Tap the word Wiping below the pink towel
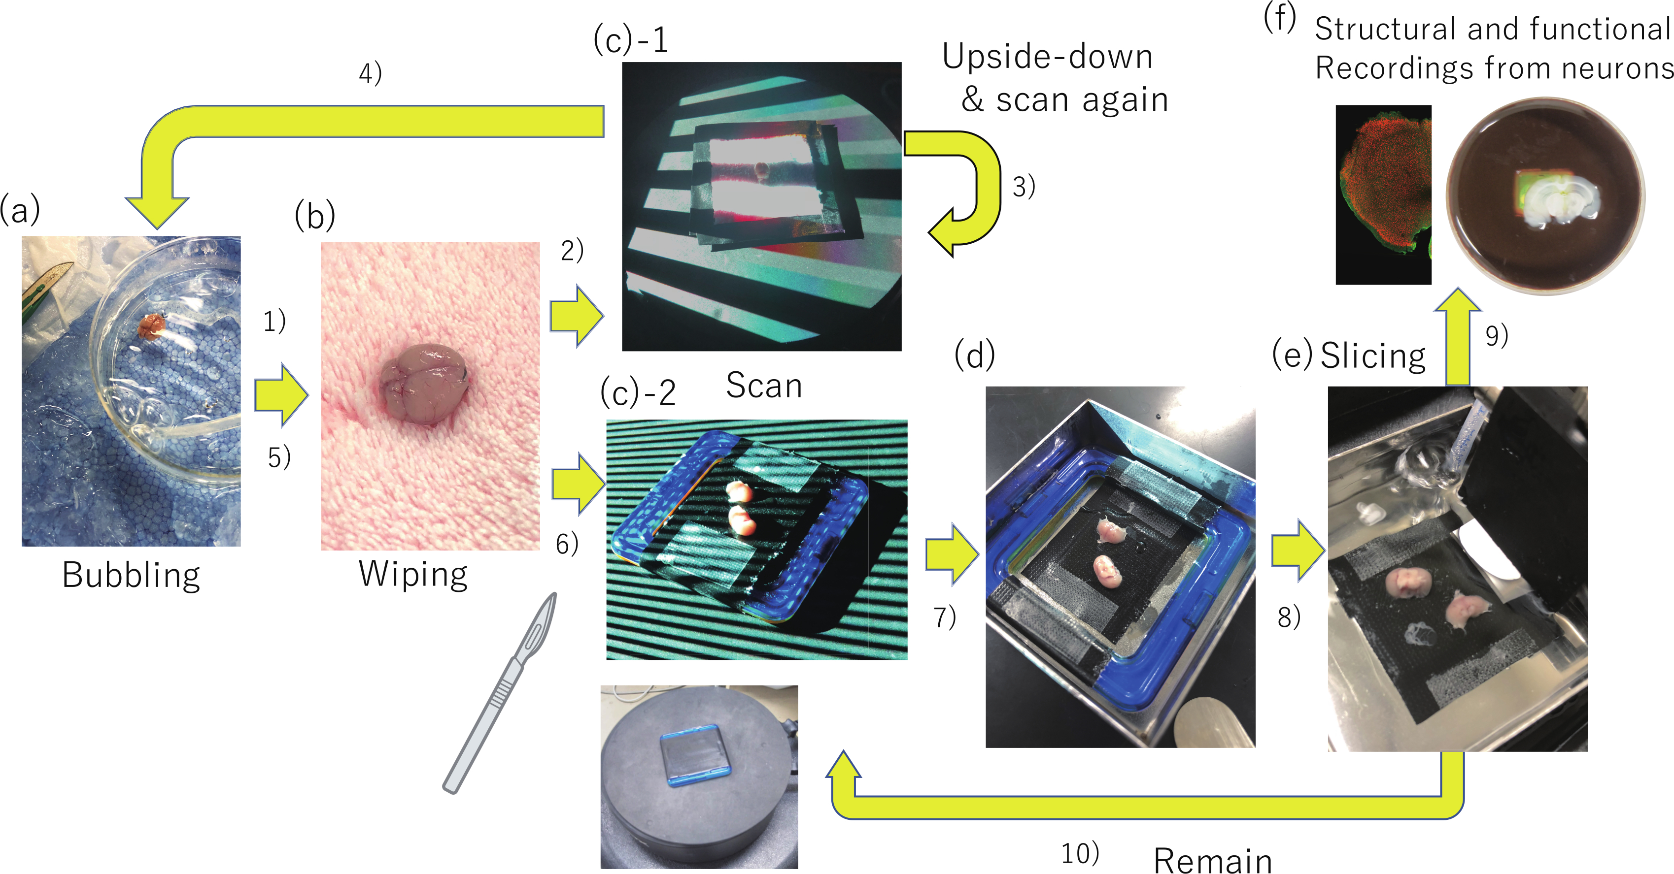coord(413,574)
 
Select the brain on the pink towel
coord(424,383)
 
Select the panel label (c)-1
coord(630,40)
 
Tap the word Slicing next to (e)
coord(1372,356)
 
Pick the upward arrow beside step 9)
coord(1458,338)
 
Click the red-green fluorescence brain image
coord(1383,195)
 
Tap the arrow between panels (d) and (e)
coord(1297,550)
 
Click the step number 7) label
coord(944,617)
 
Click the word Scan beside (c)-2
coord(763,386)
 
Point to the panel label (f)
coord(1279,17)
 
